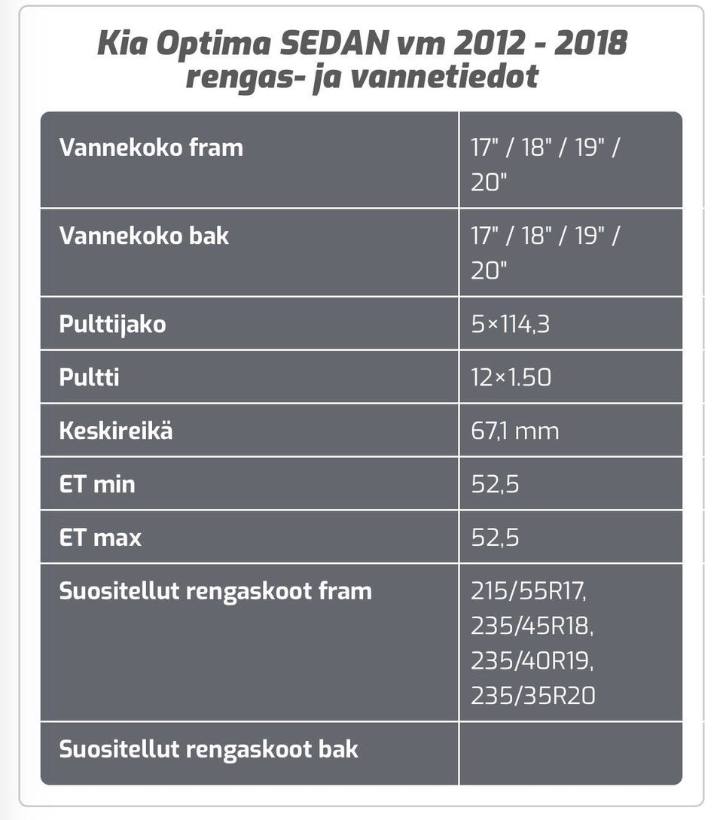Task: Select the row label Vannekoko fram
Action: click(x=151, y=147)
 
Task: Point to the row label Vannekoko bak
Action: click(x=144, y=236)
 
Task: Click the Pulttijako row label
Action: click(x=112, y=325)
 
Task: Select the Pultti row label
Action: click(x=90, y=377)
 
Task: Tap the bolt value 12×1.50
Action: click(x=511, y=377)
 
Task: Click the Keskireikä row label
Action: click(x=116, y=431)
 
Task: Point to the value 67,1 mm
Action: click(x=515, y=431)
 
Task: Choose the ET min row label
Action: click(x=97, y=483)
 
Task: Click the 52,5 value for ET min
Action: click(x=495, y=483)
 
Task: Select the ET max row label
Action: click(x=100, y=538)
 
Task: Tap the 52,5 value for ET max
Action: click(x=495, y=538)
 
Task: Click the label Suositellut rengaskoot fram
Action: click(x=215, y=591)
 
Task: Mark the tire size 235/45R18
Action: click(x=532, y=626)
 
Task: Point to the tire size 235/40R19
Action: click(x=532, y=661)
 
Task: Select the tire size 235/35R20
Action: click(x=533, y=696)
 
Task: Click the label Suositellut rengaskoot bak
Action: click(x=209, y=749)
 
